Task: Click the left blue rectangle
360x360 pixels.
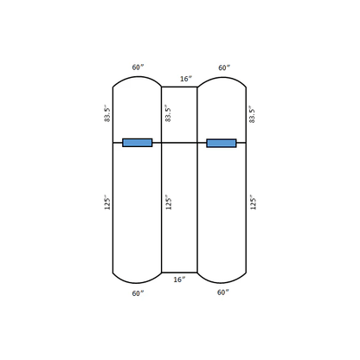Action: (x=138, y=143)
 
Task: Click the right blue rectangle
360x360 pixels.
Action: (x=222, y=143)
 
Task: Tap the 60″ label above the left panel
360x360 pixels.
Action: (x=138, y=67)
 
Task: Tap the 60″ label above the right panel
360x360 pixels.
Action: (x=224, y=67)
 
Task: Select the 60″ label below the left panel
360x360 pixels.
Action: (x=138, y=293)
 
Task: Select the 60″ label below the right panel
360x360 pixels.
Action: (x=223, y=292)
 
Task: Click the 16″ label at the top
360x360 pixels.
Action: (x=186, y=79)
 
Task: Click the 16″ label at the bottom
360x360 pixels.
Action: (x=179, y=280)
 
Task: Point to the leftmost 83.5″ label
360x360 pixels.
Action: (x=107, y=113)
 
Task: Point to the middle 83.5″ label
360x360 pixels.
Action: (x=168, y=113)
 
